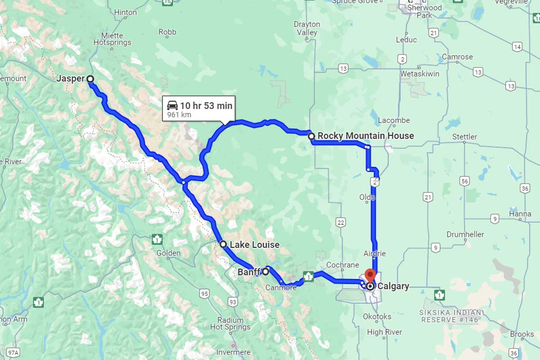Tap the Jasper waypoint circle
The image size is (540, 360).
90,79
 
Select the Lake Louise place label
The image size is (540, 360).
254,245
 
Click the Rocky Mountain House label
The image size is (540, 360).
365,135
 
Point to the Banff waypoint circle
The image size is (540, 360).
265,271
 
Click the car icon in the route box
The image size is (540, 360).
172,106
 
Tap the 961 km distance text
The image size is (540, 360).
179,115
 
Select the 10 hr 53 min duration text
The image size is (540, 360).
206,106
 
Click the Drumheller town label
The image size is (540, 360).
465,234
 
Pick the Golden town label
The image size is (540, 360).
168,253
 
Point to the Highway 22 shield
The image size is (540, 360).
340,222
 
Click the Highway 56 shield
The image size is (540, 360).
465,181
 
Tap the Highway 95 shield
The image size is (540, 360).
205,294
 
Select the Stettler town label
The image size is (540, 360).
464,137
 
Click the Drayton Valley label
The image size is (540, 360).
307,28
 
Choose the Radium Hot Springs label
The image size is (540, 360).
230,324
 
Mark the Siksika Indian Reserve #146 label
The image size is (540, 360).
452,316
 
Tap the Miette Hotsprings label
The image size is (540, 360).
112,39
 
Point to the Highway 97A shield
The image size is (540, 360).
13,351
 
